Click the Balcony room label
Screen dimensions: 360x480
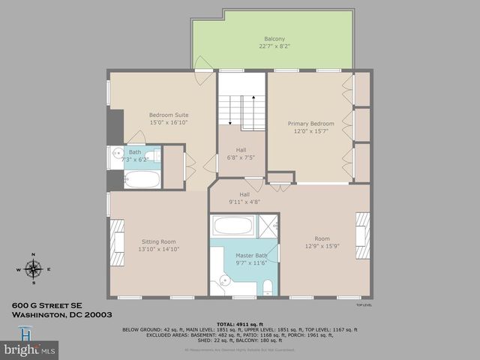tap(274, 38)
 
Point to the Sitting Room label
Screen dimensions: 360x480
tap(158, 241)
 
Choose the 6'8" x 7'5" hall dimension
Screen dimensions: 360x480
tap(241, 157)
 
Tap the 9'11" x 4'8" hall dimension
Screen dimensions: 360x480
tap(244, 201)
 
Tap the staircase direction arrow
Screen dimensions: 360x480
tap(253, 97)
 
